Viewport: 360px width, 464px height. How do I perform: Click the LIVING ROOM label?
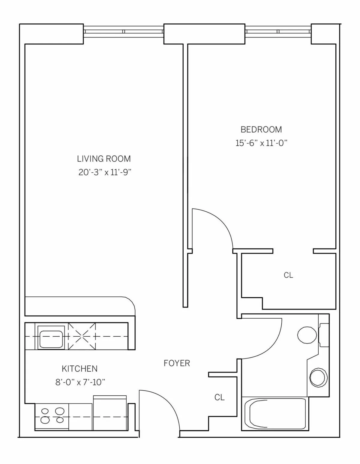[x=104, y=158]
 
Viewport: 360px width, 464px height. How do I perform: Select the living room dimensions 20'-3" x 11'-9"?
[x=105, y=173]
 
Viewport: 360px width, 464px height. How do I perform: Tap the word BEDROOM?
[x=261, y=129]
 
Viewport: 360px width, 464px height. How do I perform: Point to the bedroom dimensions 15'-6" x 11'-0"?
[x=261, y=143]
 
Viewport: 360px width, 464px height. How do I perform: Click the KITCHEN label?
[x=79, y=368]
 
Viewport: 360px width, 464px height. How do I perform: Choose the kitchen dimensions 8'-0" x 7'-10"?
[x=80, y=382]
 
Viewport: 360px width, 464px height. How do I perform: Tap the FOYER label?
[x=177, y=363]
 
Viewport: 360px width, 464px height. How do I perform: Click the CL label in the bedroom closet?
[x=288, y=275]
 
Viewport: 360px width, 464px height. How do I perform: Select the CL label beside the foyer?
[x=219, y=397]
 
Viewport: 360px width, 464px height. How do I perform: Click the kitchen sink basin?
[x=51, y=337]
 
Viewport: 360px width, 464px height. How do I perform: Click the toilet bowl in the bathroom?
[x=307, y=335]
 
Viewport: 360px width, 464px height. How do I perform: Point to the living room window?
[x=124, y=31]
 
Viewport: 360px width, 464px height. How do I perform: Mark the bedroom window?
[x=278, y=31]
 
